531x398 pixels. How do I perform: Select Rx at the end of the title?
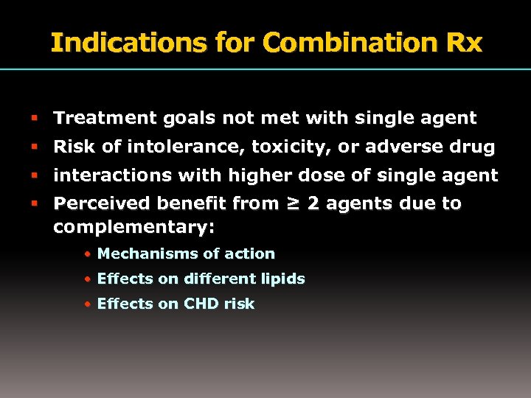pyautogui.click(x=465, y=43)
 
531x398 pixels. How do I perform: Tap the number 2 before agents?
pyautogui.click(x=313, y=203)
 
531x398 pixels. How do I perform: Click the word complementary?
pyautogui.click(x=131, y=227)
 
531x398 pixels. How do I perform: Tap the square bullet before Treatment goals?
pyautogui.click(x=35, y=118)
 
